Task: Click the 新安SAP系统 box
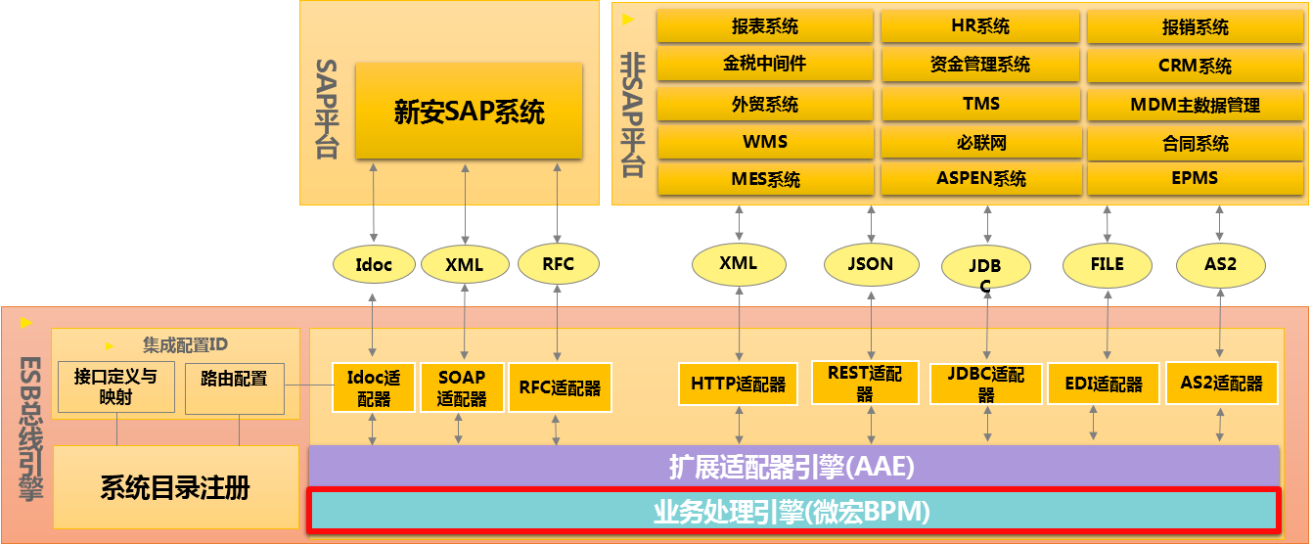(x=470, y=111)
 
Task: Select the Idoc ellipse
(x=374, y=264)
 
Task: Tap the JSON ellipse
(x=871, y=264)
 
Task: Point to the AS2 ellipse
(x=1221, y=265)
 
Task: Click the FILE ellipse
(x=1107, y=265)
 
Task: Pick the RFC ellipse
(x=559, y=264)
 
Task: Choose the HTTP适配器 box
(x=738, y=385)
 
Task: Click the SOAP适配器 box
(x=462, y=387)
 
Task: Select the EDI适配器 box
(x=1104, y=385)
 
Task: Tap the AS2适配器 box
(x=1222, y=384)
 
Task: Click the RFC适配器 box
(x=560, y=387)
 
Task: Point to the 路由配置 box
(x=234, y=388)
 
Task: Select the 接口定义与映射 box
(x=116, y=387)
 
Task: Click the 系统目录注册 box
(x=176, y=487)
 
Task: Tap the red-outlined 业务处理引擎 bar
(x=793, y=511)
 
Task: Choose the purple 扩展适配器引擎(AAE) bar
(x=793, y=467)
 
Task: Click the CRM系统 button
(x=1195, y=66)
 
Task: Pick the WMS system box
(x=765, y=142)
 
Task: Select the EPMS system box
(x=1195, y=178)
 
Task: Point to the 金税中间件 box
(x=765, y=64)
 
